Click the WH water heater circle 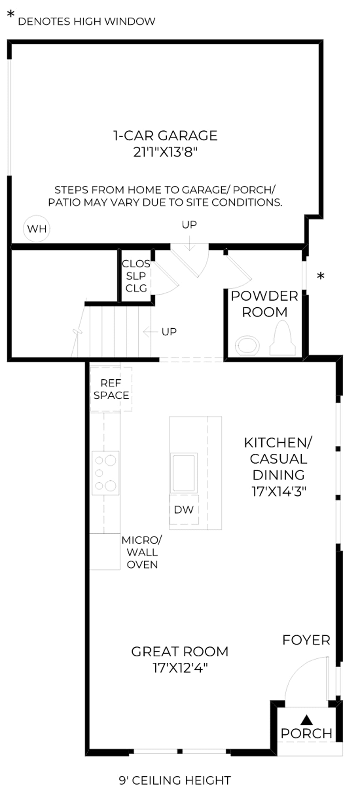point(37,229)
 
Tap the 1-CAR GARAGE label point(165,136)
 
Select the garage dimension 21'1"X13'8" point(166,152)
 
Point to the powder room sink point(247,346)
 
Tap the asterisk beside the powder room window point(321,276)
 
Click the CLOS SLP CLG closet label point(136,276)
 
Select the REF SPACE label point(111,389)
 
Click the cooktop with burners point(105,473)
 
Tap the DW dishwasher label point(184,510)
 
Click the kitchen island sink point(184,473)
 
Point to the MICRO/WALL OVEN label point(142,552)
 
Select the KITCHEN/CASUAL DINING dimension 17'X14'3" point(279,492)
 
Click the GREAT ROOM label point(180,652)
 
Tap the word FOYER point(306,640)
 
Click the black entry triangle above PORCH point(307,719)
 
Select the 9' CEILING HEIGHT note point(175,780)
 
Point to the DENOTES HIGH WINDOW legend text point(87,21)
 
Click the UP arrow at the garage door point(190,243)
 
